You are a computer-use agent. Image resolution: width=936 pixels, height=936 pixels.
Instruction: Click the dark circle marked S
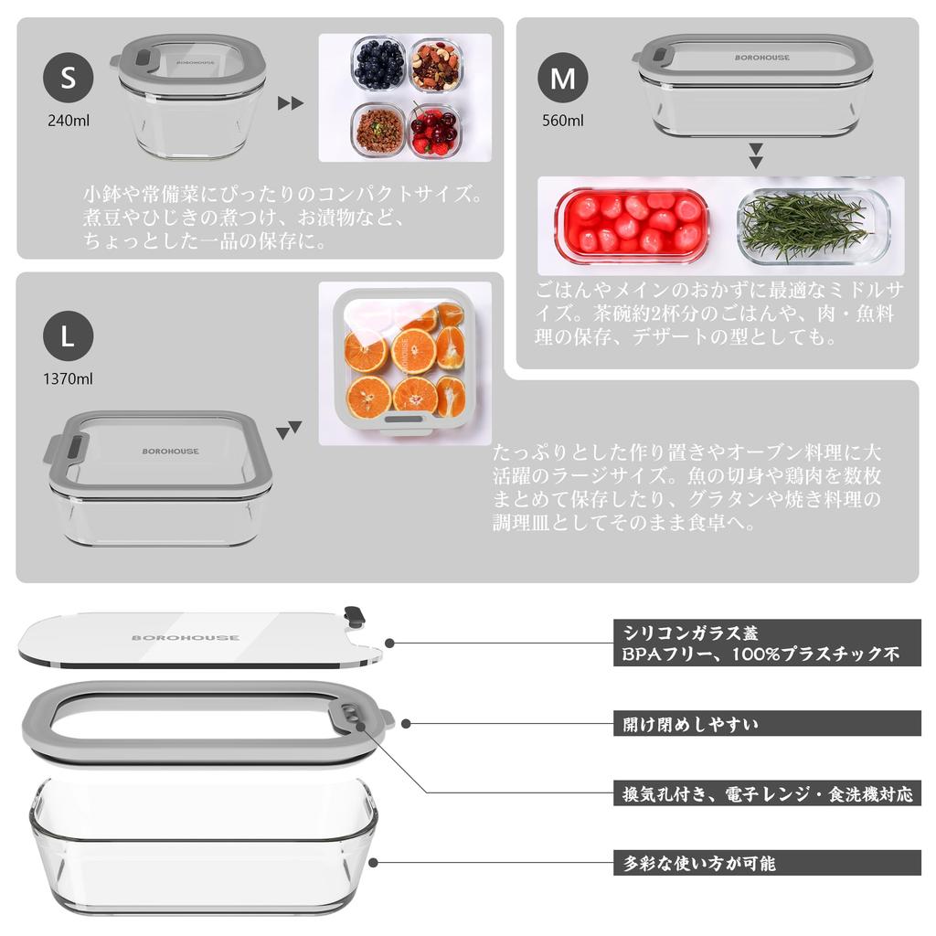tap(69, 79)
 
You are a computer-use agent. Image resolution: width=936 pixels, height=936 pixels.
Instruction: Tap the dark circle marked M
tap(563, 79)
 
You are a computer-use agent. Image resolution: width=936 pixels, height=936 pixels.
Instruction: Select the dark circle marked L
tap(69, 335)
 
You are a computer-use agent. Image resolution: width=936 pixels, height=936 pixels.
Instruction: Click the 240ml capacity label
tap(69, 120)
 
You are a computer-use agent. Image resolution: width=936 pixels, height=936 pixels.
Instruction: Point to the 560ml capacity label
tap(563, 120)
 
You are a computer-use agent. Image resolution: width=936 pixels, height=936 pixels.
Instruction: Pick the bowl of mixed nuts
tap(435, 64)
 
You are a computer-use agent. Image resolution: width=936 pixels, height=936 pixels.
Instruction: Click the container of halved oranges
tap(404, 362)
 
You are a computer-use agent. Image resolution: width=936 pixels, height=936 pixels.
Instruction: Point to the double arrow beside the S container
tap(291, 103)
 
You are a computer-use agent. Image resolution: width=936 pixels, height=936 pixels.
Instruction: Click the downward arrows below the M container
tap(755, 155)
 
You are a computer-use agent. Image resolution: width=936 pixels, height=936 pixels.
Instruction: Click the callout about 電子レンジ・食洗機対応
tap(767, 792)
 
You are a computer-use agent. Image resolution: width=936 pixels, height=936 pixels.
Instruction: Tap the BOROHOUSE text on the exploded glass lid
tap(186, 637)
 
